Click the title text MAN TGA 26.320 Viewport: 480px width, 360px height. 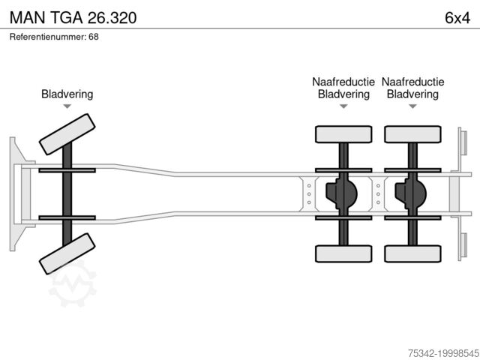pyautogui.click(x=73, y=17)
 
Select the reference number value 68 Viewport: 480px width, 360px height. pyautogui.click(x=94, y=36)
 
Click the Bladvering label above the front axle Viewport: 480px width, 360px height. pyautogui.click(x=67, y=94)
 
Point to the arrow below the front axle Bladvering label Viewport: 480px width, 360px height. pyautogui.click(x=67, y=107)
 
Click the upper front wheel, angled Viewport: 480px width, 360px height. pyautogui.click(x=67, y=134)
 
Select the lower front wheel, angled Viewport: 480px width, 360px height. pyautogui.click(x=67, y=253)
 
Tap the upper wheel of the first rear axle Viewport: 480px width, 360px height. pyautogui.click(x=343, y=134)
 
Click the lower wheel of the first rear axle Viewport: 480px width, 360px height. pyautogui.click(x=343, y=253)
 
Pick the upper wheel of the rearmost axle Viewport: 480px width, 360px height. pyautogui.click(x=412, y=134)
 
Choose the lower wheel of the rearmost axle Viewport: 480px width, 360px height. pyautogui.click(x=412, y=253)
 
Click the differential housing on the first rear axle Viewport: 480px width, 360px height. pyautogui.click(x=340, y=193)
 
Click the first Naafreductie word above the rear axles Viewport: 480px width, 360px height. pyautogui.click(x=343, y=82)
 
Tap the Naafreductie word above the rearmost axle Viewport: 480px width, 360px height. pyautogui.click(x=412, y=82)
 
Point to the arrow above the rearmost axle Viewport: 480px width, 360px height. pyautogui.click(x=412, y=107)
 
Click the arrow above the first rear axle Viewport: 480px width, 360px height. pyautogui.click(x=343, y=107)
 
